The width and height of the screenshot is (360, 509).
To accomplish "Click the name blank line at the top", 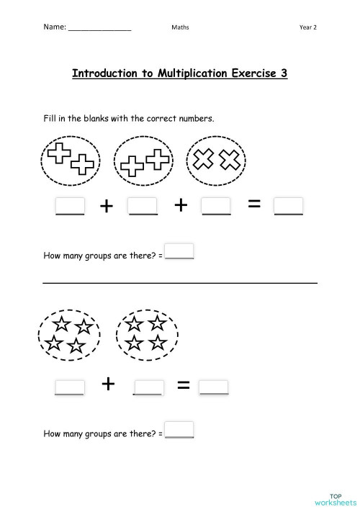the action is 99,29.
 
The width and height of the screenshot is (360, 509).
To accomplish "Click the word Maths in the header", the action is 180,27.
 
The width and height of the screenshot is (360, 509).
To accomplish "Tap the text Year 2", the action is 308,27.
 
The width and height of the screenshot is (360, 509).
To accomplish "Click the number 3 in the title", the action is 284,74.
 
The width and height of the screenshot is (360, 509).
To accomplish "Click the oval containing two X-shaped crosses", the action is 217,161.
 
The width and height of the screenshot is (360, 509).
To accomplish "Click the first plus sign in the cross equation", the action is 107,206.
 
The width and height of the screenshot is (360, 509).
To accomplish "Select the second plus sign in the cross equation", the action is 180,206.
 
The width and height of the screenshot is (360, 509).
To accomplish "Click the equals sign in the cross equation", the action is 253,205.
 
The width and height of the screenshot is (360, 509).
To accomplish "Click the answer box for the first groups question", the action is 180,252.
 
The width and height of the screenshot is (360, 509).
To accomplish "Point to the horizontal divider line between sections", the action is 180,283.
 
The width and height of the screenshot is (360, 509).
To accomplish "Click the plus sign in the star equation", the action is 108,384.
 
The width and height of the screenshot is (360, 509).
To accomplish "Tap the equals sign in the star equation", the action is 183,387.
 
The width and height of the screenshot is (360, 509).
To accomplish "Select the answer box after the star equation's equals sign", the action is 214,387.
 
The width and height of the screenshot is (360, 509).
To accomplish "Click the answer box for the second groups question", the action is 180,430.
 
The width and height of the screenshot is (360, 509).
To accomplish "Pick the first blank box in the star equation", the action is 70,387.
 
